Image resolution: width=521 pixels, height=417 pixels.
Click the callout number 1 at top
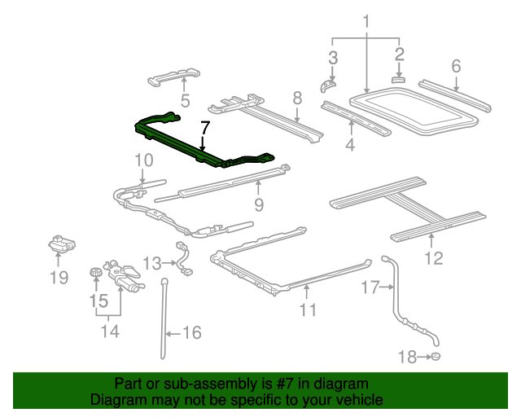(x=366, y=20)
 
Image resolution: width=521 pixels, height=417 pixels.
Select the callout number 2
(x=399, y=55)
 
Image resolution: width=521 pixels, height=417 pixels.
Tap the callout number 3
(x=332, y=57)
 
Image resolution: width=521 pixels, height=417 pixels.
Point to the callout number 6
(x=456, y=64)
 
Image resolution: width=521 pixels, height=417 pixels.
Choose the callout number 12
(x=433, y=258)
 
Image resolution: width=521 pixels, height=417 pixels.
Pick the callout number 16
(x=191, y=332)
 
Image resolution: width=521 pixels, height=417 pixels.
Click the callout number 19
(x=58, y=279)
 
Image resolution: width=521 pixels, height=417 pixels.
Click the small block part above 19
(x=60, y=243)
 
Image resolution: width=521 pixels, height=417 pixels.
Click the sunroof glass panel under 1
(x=415, y=112)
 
